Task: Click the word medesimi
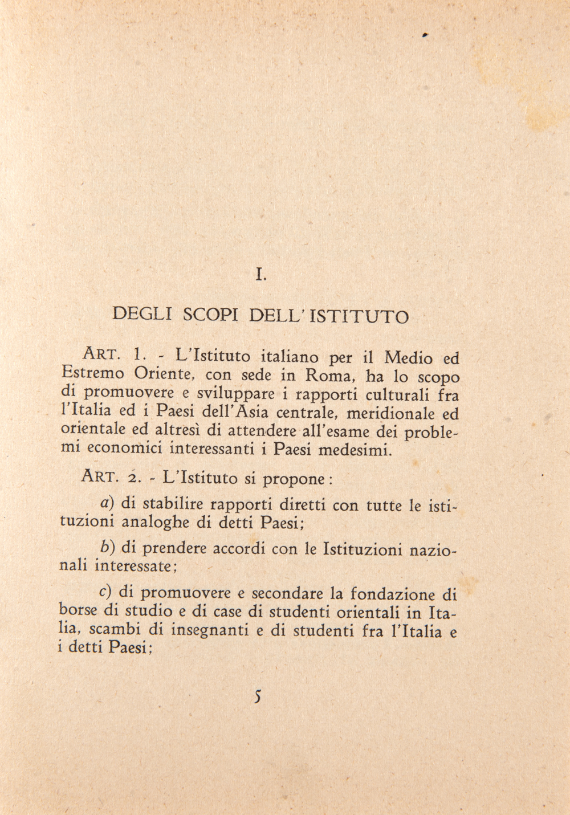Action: tap(355, 450)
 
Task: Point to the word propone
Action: tap(296, 479)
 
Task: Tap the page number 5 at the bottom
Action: tap(259, 696)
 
